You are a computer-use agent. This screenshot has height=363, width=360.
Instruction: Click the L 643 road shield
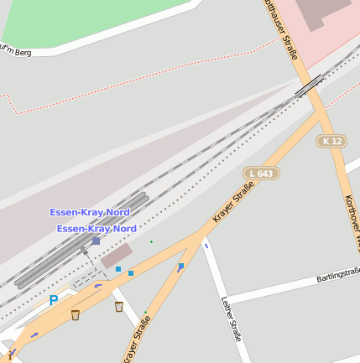coord(262,174)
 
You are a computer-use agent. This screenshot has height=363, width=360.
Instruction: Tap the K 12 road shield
coord(333,142)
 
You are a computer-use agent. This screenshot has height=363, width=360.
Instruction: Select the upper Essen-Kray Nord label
coord(90,213)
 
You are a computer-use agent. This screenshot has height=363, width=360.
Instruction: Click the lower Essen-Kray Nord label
coord(97,228)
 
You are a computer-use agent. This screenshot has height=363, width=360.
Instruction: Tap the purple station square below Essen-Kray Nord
coord(96,241)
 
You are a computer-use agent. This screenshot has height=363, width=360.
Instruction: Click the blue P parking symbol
coord(54,299)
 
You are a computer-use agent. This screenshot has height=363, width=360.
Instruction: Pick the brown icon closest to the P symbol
coord(76,315)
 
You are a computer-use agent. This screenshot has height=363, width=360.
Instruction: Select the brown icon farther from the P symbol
coord(119,307)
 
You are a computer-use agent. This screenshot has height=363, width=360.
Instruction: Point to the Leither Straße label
coord(231,319)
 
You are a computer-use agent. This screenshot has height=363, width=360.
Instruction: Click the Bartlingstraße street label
coord(337,275)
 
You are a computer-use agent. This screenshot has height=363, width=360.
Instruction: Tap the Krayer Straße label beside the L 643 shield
coord(233,205)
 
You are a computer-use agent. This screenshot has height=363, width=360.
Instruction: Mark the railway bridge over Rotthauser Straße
coord(309,85)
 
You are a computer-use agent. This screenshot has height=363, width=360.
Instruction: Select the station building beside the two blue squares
coord(116,257)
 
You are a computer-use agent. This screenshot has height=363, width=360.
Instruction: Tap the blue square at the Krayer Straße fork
coord(181,266)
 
